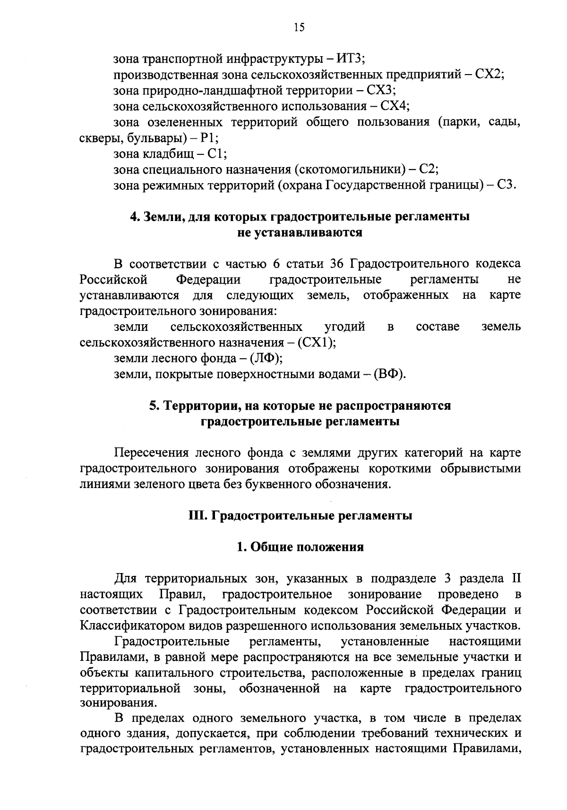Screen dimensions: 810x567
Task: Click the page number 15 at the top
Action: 299,27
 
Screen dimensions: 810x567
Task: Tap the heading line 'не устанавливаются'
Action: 300,233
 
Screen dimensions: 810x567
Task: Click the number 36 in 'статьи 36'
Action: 334,263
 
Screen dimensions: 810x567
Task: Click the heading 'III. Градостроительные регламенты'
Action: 300,516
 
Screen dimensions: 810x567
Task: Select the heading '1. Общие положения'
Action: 300,547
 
